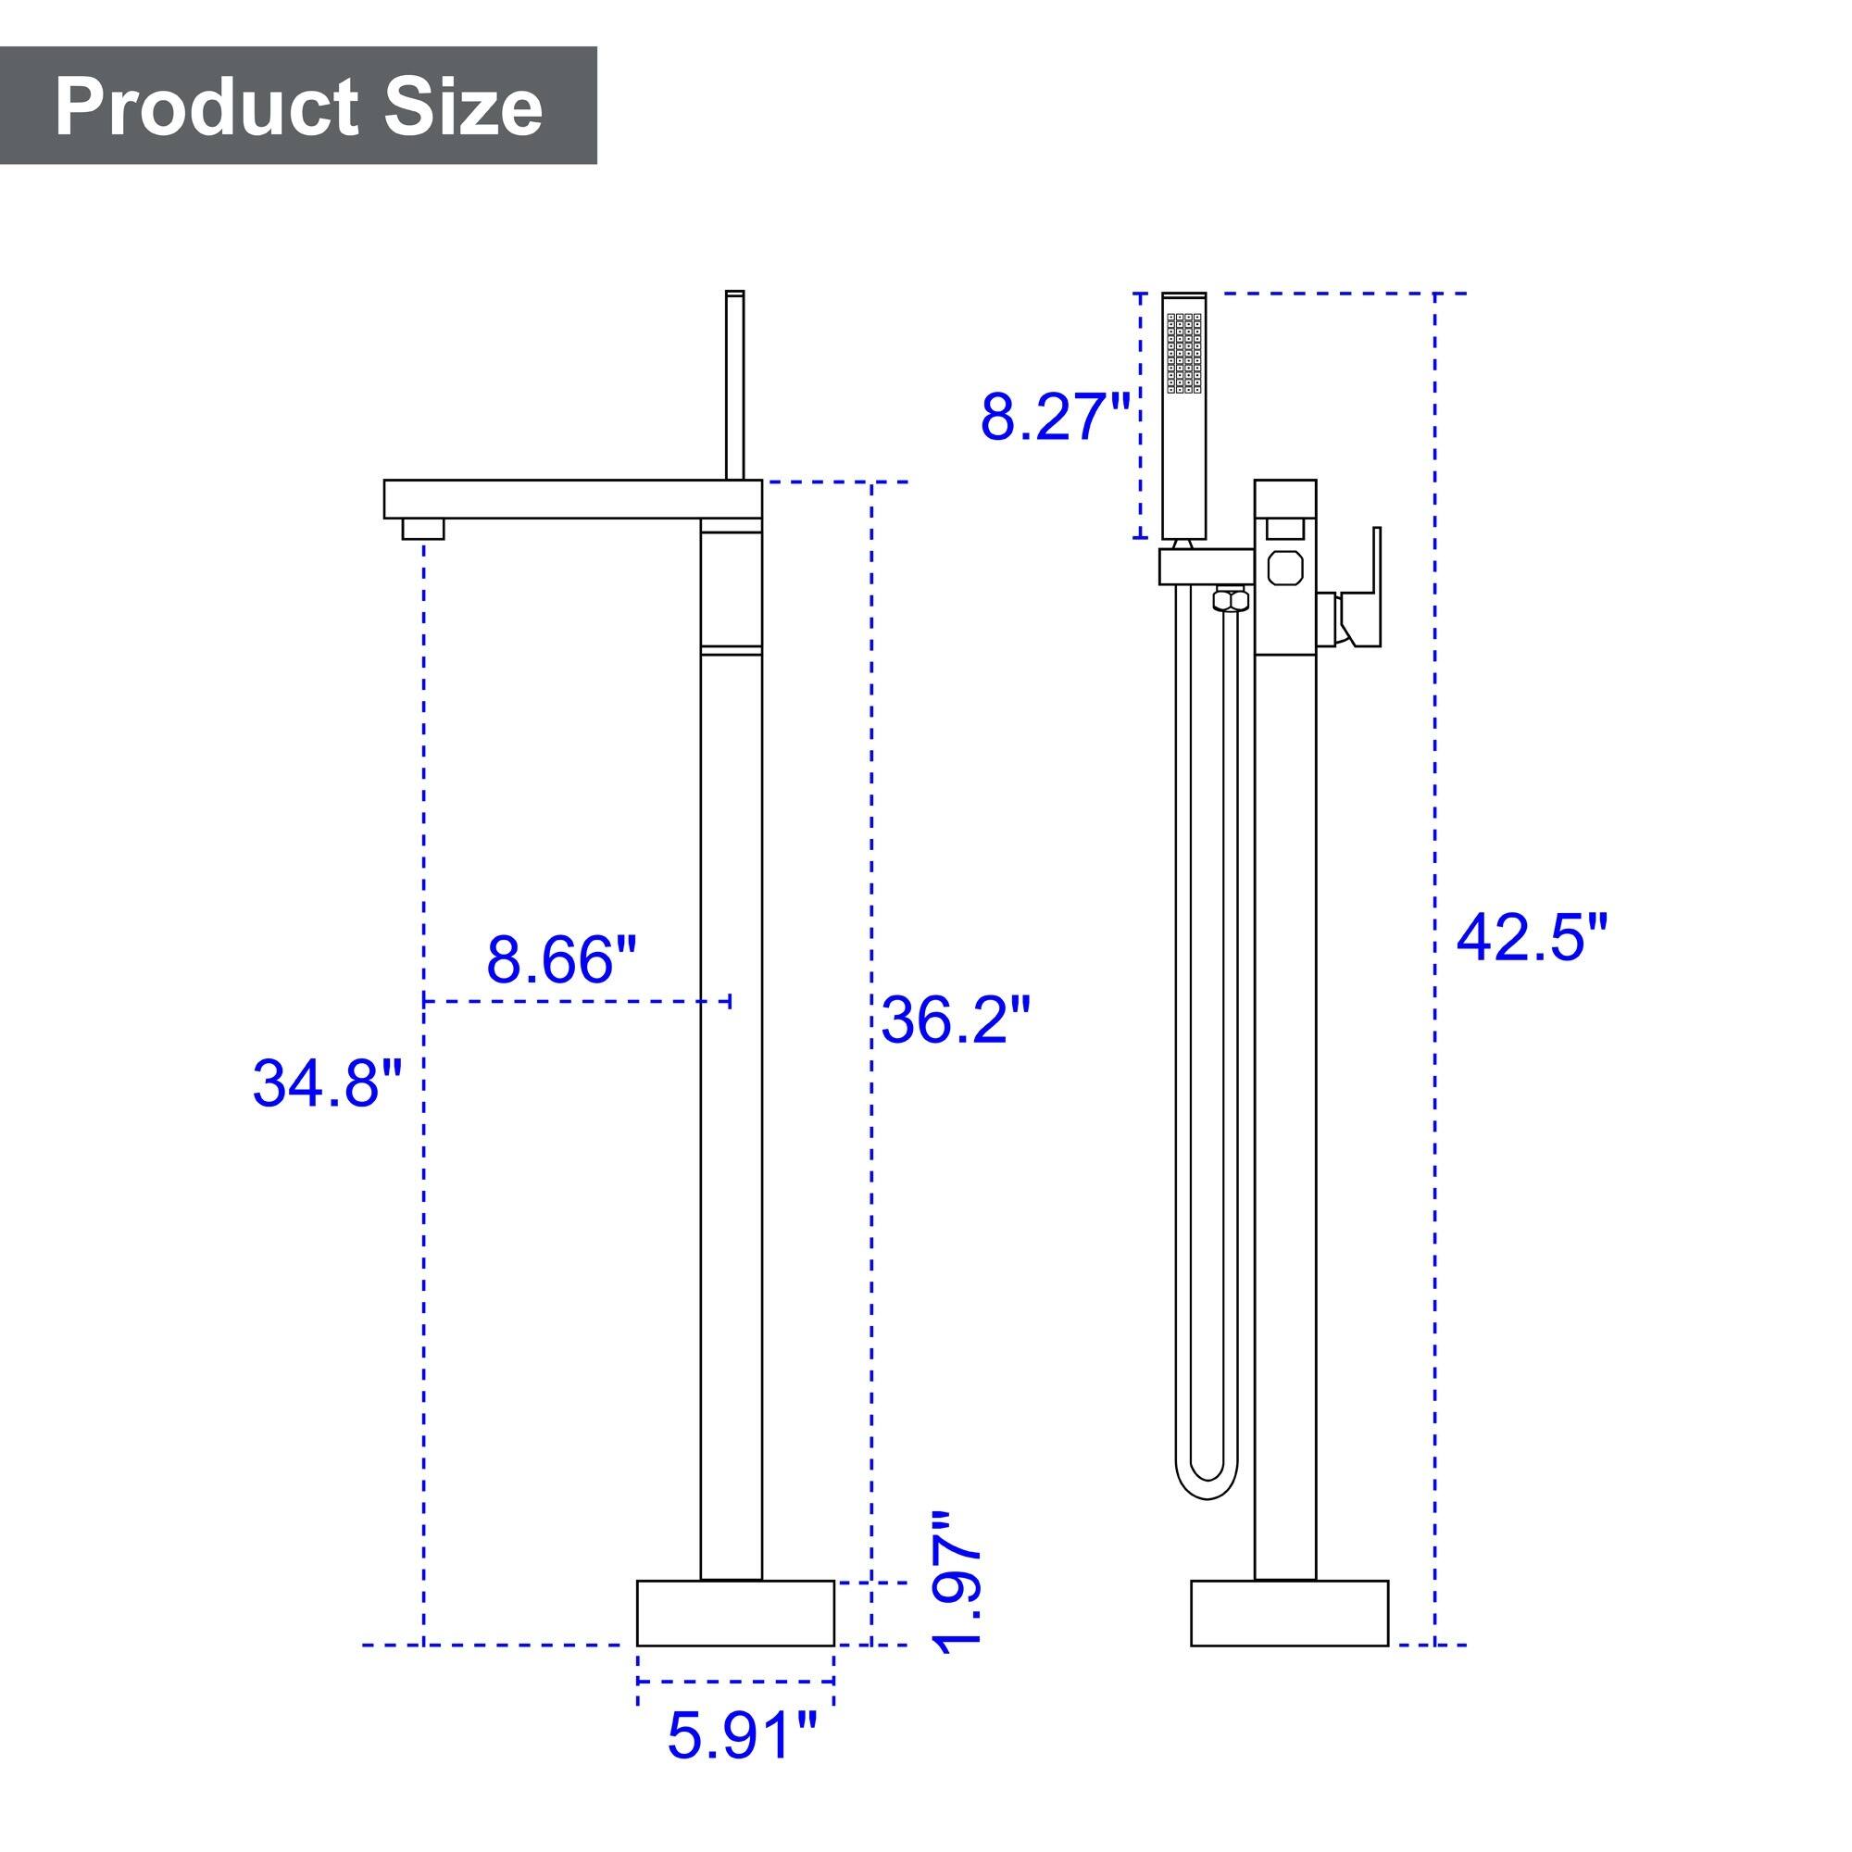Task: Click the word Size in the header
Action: [463, 107]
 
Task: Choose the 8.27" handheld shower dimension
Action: [1056, 418]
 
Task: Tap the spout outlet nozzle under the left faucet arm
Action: [423, 529]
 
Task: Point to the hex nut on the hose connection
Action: [1231, 601]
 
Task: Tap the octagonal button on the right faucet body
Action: [1285, 569]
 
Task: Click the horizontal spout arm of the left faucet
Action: [572, 499]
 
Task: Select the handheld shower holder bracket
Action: [1206, 567]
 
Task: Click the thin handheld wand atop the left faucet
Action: [735, 383]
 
